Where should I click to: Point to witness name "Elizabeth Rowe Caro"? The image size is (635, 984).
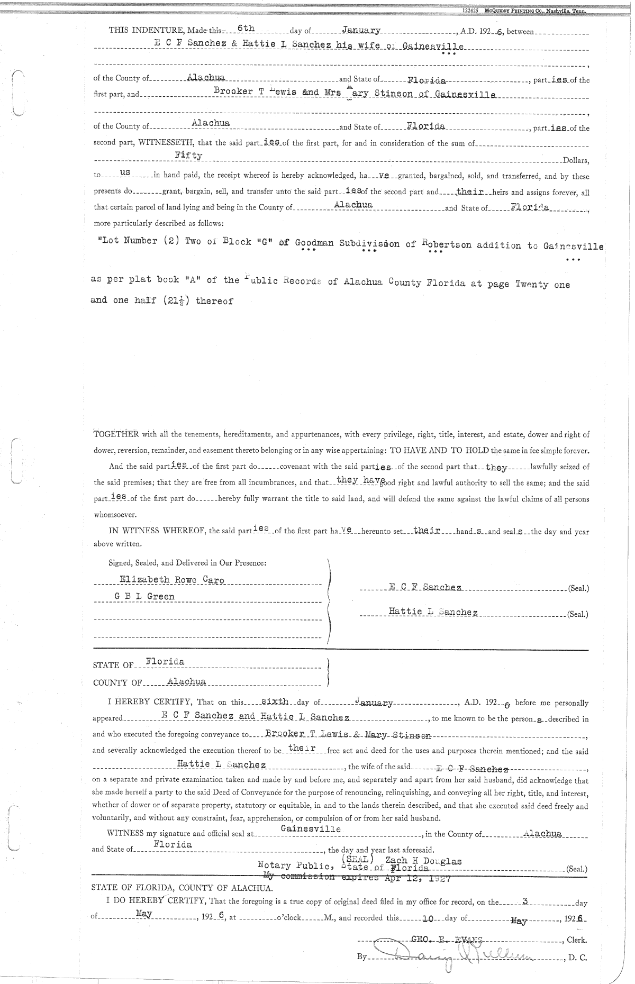(x=172, y=580)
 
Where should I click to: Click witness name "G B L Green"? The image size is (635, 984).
(x=144, y=597)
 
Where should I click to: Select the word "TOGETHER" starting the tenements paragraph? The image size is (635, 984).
(x=116, y=435)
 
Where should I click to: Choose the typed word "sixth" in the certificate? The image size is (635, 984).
(x=275, y=702)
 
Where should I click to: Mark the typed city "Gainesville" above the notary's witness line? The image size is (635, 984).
(x=311, y=829)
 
